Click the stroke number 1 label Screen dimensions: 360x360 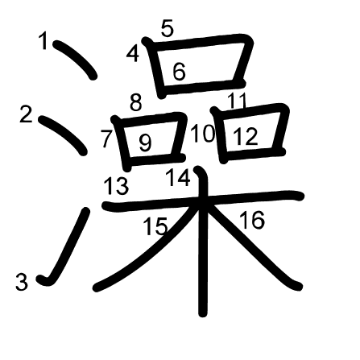click(x=44, y=41)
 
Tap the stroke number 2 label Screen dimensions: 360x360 click(x=27, y=114)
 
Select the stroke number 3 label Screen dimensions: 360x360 click(x=22, y=282)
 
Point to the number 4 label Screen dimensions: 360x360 click(x=133, y=55)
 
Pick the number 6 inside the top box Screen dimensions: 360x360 click(x=179, y=72)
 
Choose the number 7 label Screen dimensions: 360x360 click(x=107, y=139)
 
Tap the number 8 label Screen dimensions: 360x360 click(x=135, y=102)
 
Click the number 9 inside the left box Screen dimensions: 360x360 click(x=145, y=143)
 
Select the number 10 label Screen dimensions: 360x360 click(x=203, y=134)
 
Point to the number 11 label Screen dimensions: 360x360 click(x=237, y=101)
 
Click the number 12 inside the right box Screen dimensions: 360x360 click(x=246, y=137)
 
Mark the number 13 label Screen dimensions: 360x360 click(x=116, y=187)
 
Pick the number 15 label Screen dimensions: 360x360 click(x=155, y=227)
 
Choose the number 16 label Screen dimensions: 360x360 click(x=252, y=219)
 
